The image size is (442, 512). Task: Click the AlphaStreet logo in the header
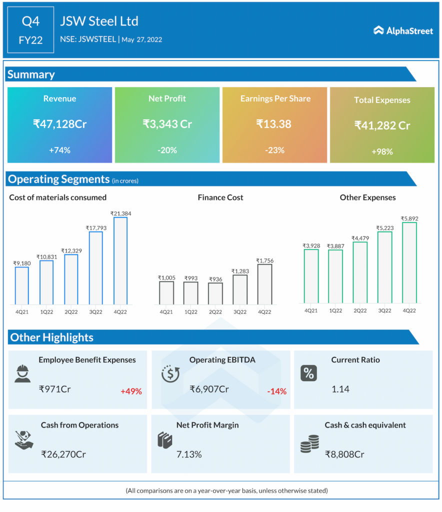coord(403,31)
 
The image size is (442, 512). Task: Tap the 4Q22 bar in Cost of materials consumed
coord(120,260)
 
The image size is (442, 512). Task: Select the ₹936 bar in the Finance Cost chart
coord(215,293)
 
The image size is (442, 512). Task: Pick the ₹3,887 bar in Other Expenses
coord(335,276)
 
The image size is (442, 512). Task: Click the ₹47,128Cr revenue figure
coord(59,123)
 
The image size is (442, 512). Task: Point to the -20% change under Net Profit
coord(167,150)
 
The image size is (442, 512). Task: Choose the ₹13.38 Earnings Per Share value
coord(274,123)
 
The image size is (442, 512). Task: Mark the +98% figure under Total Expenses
coord(382,151)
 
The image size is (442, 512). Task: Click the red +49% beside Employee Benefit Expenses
coord(131,391)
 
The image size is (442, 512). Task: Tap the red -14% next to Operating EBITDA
coord(276,391)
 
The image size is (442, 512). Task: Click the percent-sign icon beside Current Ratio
coord(308,373)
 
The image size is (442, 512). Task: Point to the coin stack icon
coord(309,443)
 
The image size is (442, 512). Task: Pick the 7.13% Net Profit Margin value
coord(189,454)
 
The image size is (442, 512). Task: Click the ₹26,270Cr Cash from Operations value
coord(64,454)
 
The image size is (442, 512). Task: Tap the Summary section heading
coord(31,74)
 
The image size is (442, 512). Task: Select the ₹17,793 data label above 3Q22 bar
coord(95,228)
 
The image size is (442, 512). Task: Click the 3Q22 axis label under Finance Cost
coord(240,312)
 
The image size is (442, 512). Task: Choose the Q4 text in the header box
coord(31,21)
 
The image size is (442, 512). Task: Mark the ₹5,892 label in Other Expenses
coord(409,218)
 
